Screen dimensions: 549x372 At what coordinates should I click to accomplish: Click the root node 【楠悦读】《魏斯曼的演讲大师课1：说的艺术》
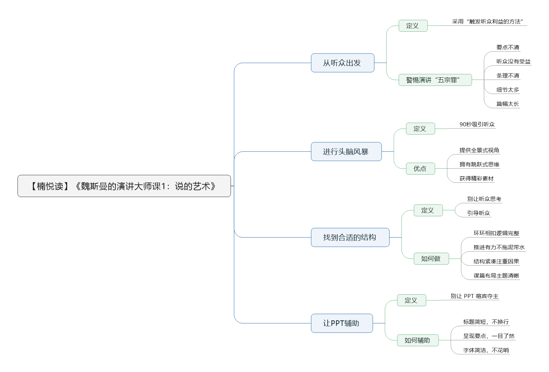pos(124,186)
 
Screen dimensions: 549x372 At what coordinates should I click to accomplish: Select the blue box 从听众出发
pos(342,63)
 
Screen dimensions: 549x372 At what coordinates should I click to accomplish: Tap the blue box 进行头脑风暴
pos(346,151)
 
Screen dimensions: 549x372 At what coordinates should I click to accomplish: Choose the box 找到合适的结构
pos(350,238)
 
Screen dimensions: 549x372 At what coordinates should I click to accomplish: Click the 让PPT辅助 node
pos(342,323)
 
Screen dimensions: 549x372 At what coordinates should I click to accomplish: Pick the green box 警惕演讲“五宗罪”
pos(435,80)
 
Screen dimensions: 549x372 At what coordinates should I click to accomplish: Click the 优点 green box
pos(420,169)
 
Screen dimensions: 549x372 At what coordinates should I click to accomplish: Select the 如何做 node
pos(431,259)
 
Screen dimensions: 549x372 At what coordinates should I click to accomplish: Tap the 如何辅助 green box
pos(418,340)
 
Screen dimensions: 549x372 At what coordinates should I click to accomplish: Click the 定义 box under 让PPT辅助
pos(411,300)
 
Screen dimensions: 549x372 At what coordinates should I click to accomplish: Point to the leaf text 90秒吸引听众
pos(477,124)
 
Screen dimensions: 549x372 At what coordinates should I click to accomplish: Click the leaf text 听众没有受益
pos(514,62)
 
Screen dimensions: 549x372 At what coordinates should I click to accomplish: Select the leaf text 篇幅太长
pos(508,104)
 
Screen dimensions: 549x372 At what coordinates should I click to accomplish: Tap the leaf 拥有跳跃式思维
pos(479,164)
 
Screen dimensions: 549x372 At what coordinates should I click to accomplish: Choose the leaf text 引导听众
pos(479,213)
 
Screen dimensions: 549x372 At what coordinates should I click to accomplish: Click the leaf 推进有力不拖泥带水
pos(499,247)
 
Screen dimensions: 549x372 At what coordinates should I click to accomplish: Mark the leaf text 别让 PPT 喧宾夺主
pos(474,296)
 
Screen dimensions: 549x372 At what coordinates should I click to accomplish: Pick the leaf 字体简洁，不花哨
pos(486,350)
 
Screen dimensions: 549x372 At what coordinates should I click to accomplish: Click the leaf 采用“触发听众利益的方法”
pos(487,21)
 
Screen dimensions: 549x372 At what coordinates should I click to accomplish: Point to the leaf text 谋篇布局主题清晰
pos(496,276)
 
